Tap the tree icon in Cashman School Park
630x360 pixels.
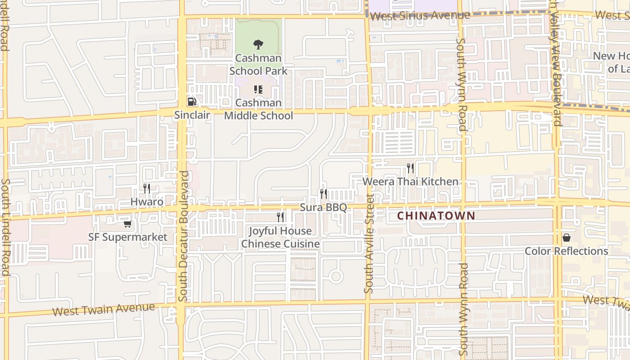pos(258,44)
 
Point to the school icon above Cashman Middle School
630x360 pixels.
pos(258,90)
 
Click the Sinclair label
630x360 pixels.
pos(192,115)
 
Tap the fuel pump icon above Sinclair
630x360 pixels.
pos(192,102)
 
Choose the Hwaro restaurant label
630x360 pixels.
pos(147,202)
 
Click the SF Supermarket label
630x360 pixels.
pos(128,237)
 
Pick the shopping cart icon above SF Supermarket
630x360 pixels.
pos(128,224)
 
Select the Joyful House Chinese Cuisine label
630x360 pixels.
pos(280,237)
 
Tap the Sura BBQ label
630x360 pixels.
pos(324,207)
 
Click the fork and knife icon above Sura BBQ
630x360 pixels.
pos(324,194)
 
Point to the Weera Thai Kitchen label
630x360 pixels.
pos(410,181)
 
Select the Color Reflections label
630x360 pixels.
pos(567,251)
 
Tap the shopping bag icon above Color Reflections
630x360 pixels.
pos(566,237)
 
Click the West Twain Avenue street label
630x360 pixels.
pos(103,309)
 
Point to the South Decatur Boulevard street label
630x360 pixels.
pos(183,236)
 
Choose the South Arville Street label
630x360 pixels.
pos(369,243)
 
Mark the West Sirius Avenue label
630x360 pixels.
pos(420,16)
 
